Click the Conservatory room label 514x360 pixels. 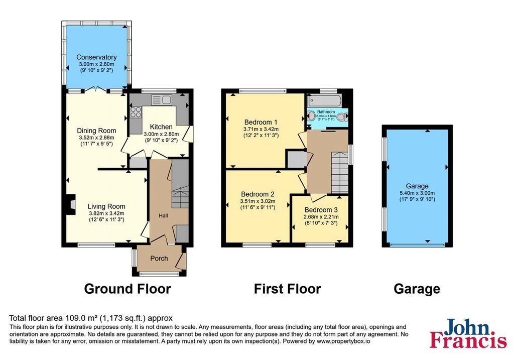tap(96, 57)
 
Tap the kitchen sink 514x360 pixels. tap(161, 100)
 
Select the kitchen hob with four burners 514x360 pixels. tap(136, 112)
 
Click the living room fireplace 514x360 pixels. tap(70, 204)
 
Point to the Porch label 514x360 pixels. tap(159, 259)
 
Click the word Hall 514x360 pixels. tap(163, 215)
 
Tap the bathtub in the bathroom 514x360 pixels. tap(324, 100)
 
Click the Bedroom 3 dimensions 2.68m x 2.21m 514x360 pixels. tap(321, 217)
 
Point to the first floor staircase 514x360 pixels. tap(340, 172)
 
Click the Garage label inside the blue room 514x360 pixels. tap(417, 186)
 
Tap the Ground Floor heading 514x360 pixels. tap(127, 289)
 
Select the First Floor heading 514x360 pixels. tap(288, 289)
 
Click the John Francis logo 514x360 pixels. tap(468, 333)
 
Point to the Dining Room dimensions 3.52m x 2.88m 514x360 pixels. tap(96, 138)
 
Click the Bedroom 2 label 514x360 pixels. tap(258, 194)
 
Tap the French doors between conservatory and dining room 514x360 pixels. tap(96, 89)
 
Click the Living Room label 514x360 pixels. tap(106, 206)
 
